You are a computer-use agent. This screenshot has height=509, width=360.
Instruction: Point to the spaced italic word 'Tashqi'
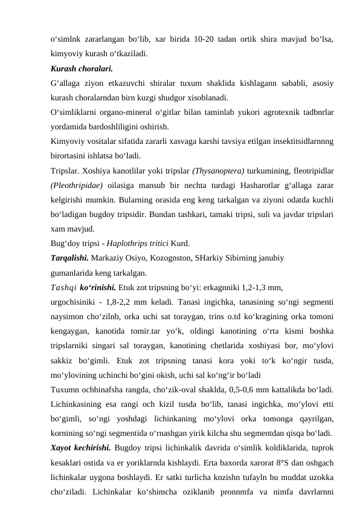pos(63,288)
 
